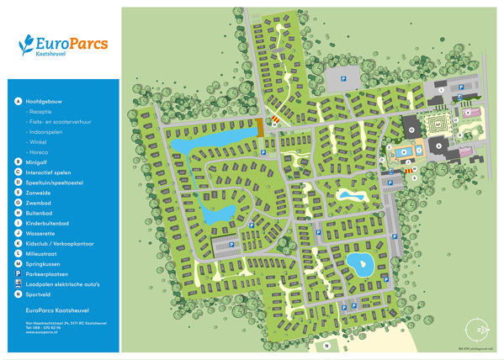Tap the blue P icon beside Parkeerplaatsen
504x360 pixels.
(x=18, y=274)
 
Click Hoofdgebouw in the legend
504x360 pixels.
(x=43, y=100)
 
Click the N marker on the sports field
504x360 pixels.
(x=324, y=345)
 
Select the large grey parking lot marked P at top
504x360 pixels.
(x=344, y=80)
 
